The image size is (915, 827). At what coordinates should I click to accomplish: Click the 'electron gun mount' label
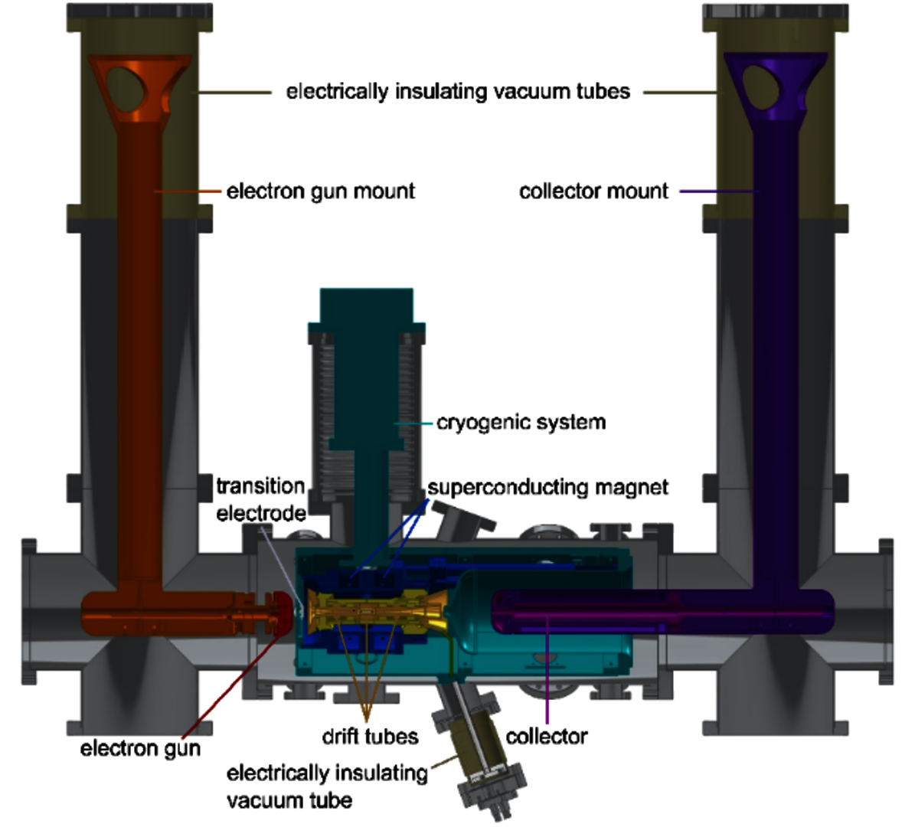320,191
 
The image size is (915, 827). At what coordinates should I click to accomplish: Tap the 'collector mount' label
593,191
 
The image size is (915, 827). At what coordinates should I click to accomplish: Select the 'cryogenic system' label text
521,423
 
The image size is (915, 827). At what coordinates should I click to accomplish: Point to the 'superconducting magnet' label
548,487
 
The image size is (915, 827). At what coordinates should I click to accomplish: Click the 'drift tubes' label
370,737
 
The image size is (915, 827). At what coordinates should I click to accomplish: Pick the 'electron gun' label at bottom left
140,748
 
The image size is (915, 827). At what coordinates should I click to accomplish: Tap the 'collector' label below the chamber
546,737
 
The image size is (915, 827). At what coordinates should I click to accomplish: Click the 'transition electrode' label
261,499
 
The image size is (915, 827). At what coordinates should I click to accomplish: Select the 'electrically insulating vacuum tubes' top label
458,92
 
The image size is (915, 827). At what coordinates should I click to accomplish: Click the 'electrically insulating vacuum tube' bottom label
327,786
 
